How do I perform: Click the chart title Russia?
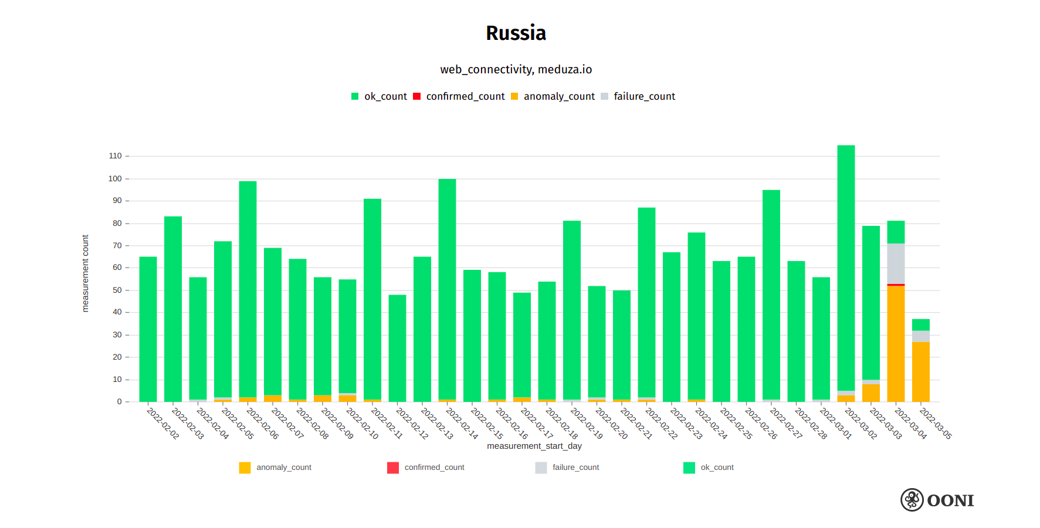(516, 33)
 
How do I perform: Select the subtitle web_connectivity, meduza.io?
(516, 70)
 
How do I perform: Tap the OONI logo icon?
(912, 500)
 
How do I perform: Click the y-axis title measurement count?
(86, 273)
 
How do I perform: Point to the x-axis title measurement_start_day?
(534, 446)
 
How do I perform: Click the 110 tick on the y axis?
(115, 156)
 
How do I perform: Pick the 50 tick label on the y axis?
(117, 290)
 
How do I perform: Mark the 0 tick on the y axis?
(119, 402)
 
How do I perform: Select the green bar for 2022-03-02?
(846, 267)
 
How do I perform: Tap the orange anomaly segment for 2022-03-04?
(896, 343)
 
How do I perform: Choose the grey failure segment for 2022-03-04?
(896, 263)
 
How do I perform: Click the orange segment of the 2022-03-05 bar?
(920, 371)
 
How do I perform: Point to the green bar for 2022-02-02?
(148, 329)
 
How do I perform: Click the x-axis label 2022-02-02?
(163, 424)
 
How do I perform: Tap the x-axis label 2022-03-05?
(936, 424)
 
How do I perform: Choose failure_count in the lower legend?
(575, 468)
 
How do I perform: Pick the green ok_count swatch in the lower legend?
(689, 468)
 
